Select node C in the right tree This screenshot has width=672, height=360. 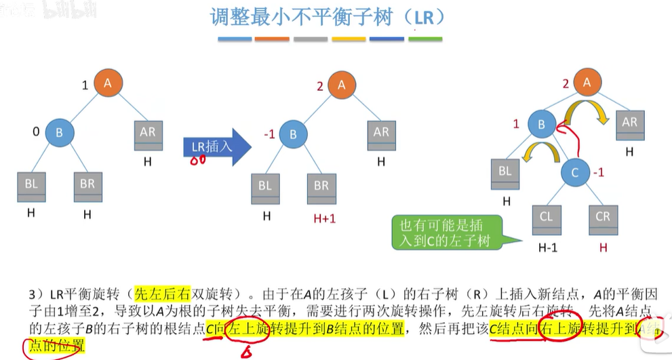point(575,174)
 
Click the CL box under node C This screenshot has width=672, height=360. point(547,218)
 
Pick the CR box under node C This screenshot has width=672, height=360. point(603,218)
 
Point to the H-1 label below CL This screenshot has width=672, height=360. point(547,247)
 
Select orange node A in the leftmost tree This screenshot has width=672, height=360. point(108,84)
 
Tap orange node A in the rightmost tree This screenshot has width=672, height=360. point(589,83)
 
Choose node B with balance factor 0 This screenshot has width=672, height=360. point(59,133)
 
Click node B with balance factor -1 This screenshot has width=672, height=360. point(293,134)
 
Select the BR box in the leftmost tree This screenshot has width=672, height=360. point(87,186)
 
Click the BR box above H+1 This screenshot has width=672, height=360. point(321,186)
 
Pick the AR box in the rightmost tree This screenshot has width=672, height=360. point(630,125)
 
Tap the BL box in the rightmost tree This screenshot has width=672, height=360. point(505,174)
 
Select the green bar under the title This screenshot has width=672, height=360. point(426,39)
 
